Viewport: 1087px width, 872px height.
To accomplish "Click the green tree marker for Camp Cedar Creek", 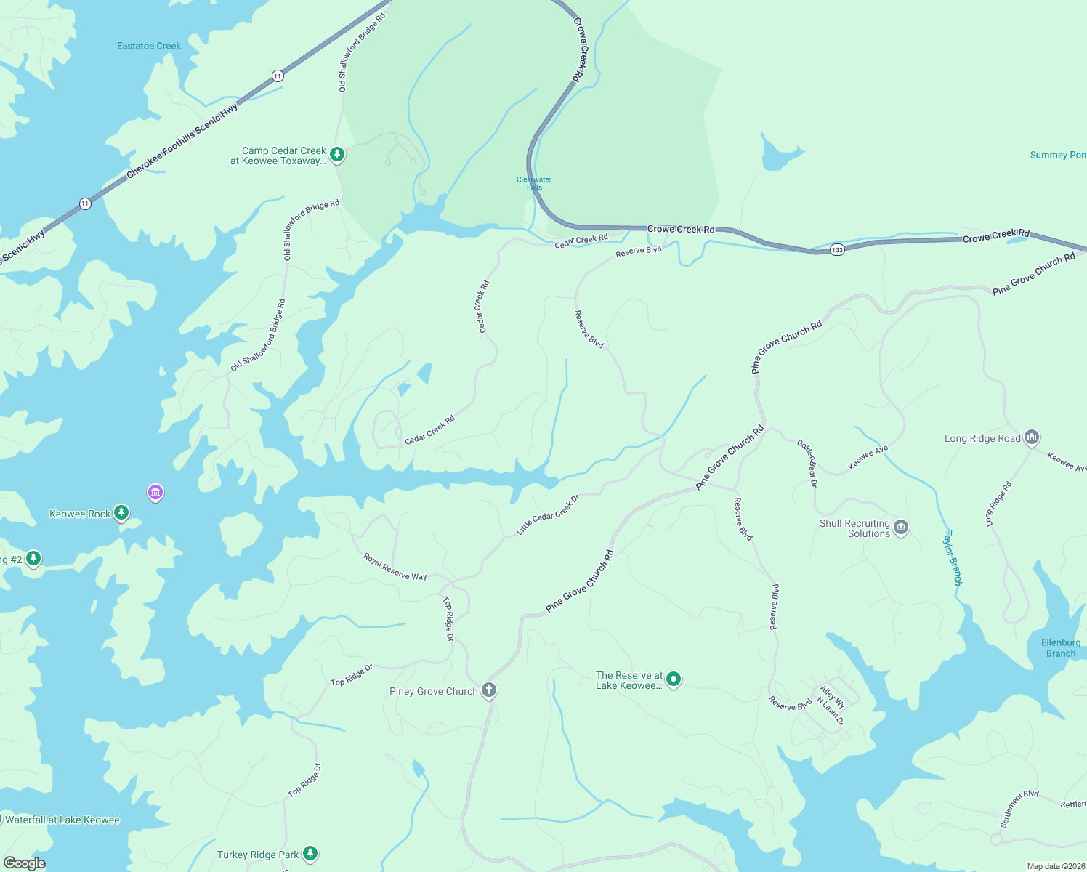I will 336,154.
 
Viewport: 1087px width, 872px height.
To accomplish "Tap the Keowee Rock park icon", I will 121,513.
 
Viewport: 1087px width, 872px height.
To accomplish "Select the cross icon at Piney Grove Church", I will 489,690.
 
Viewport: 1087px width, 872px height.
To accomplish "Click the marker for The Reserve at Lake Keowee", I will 674,679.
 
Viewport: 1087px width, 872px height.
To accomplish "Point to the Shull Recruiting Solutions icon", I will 901,527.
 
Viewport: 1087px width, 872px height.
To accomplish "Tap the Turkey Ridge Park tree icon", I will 310,853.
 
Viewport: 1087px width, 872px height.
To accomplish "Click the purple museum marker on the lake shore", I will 155,493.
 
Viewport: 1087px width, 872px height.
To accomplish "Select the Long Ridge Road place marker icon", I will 1032,437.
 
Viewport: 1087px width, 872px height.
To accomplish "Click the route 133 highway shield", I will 837,250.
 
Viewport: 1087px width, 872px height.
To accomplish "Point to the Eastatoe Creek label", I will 149,46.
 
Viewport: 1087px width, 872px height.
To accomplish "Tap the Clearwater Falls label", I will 534,183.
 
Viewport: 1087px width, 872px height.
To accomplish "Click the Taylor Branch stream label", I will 952,557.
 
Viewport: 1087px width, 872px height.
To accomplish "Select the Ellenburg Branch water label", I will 1060,647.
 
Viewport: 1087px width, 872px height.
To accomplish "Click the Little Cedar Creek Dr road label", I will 548,515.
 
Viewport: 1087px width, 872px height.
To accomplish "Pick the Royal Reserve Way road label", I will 395,567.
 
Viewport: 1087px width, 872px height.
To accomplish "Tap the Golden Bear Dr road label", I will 807,463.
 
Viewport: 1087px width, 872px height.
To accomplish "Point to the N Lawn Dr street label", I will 830,711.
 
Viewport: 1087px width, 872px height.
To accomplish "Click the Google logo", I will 24,863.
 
